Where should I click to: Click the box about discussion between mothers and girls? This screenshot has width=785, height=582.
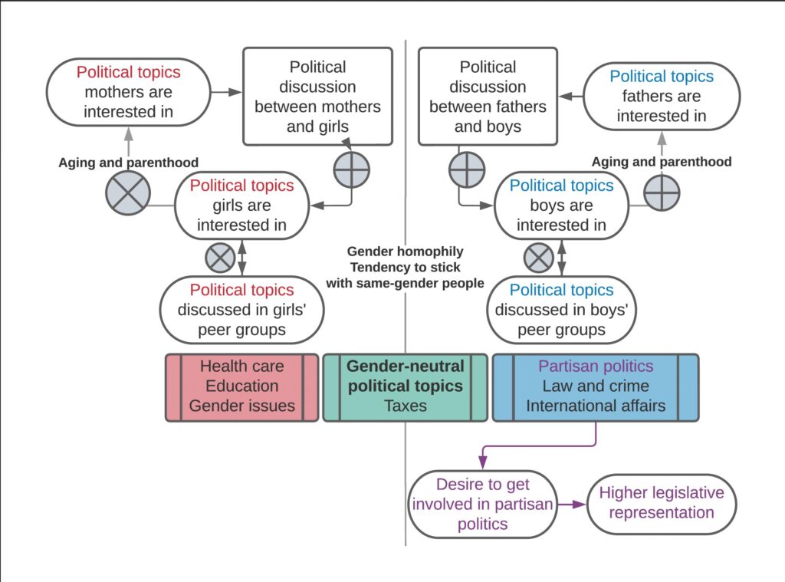tap(317, 97)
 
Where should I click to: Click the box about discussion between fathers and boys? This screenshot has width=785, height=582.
tap(488, 97)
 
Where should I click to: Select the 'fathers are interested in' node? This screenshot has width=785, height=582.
tap(661, 97)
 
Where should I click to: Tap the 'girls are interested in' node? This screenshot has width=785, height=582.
tap(241, 206)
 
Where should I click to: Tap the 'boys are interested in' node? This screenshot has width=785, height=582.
tap(561, 206)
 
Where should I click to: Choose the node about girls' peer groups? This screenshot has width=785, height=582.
tap(241, 310)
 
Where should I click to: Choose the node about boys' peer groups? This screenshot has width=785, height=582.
tap(561, 310)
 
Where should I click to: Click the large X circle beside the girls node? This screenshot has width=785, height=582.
tap(128, 192)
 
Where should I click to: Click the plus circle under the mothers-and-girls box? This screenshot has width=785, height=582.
tap(352, 170)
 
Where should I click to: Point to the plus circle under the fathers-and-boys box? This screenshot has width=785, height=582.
tap(466, 170)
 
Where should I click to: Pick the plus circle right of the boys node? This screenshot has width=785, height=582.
tap(662, 192)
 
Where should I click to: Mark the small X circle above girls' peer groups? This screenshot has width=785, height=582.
tap(221, 258)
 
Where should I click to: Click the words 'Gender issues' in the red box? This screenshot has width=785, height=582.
tap(241, 406)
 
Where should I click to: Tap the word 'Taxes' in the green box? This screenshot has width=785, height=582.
tap(406, 406)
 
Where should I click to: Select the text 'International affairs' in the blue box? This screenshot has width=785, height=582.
tap(595, 406)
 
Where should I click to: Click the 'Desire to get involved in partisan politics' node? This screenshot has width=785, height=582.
tap(483, 504)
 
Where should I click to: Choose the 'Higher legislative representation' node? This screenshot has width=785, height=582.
tap(661, 503)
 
